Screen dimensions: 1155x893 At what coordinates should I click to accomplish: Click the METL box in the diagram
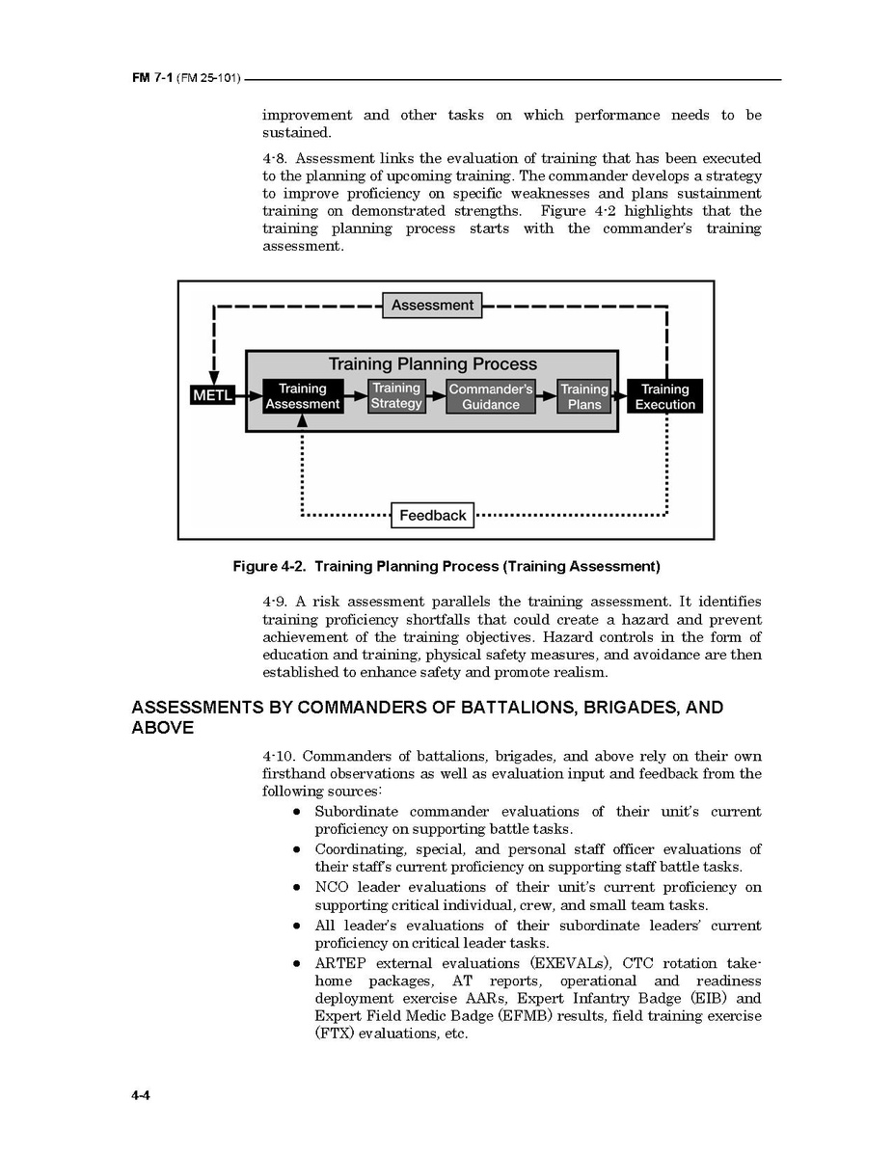click(212, 395)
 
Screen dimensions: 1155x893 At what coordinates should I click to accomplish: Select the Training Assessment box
click(302, 396)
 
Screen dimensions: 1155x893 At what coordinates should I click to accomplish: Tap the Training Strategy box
click(396, 395)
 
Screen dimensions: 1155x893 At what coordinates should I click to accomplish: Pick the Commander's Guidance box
click(490, 396)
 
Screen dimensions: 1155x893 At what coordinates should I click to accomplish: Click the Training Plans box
click(584, 396)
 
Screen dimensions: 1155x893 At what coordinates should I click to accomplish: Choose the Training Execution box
click(664, 396)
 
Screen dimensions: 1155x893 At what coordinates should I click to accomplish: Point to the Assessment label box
click(432, 306)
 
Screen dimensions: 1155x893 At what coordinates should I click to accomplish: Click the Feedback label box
click(433, 515)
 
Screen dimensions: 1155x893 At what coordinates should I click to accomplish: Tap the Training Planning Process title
click(433, 364)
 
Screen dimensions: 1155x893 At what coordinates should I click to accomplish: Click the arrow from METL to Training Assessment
click(249, 395)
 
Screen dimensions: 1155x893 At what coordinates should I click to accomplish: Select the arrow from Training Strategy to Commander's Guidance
click(435, 394)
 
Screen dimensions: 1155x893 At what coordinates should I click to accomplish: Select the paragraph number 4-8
click(275, 158)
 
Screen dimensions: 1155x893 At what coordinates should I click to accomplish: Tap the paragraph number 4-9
click(275, 602)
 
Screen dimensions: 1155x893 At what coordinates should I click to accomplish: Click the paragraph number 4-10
click(279, 756)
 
